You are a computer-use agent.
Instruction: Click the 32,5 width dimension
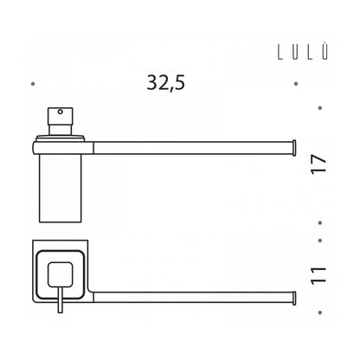coord(166,83)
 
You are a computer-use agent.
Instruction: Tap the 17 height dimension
coord(318,164)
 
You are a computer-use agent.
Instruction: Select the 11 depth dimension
coord(318,276)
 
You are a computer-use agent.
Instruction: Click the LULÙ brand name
coord(303,52)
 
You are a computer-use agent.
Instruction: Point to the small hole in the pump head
coord(61,112)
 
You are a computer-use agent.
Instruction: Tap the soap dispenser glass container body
coord(61,188)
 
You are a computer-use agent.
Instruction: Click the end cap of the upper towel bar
coord(294,148)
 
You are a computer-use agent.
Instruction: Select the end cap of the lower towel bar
coord(294,298)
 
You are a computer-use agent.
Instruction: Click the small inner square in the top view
coord(60,274)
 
